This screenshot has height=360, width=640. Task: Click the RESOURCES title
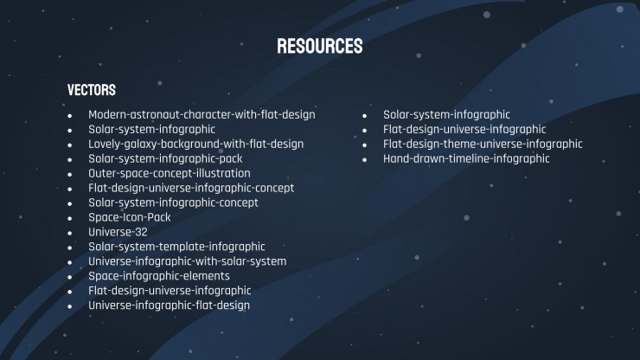[320, 46]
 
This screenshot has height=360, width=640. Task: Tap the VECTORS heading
[92, 90]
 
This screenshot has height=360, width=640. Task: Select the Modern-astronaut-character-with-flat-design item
[202, 115]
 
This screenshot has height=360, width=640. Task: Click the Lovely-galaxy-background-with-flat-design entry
[196, 145]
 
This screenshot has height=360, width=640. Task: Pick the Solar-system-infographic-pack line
[165, 159]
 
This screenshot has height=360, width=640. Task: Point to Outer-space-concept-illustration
[170, 174]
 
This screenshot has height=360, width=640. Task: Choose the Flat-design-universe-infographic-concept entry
[191, 189]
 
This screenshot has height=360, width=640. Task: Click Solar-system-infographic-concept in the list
[173, 203]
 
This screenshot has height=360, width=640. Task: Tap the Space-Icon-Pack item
[130, 217]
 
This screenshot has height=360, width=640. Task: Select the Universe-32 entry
[118, 232]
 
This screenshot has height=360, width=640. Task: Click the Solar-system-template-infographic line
[176, 247]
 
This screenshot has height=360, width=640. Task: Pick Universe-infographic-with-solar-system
[188, 261]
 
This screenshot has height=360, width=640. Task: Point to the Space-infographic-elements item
[159, 276]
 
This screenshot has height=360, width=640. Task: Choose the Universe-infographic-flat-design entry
[169, 305]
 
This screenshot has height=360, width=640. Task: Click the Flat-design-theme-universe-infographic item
[483, 145]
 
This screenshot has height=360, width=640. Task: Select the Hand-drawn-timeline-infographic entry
[466, 159]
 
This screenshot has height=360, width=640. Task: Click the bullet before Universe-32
[70, 234]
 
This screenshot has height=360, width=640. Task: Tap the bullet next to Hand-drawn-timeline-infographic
[364, 160]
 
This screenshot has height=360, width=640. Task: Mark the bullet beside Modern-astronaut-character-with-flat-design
[70, 116]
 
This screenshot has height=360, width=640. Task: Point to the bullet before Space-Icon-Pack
[70, 219]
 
